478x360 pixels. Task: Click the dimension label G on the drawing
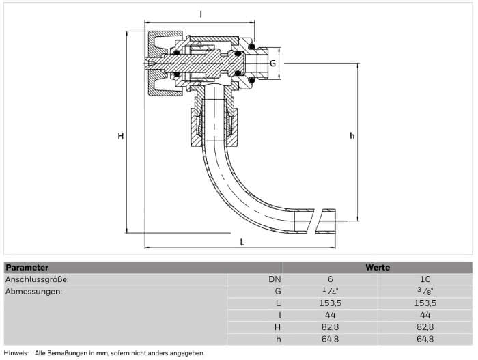[273, 64]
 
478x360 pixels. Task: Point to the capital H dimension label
[121, 136]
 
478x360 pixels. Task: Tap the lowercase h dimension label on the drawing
[352, 135]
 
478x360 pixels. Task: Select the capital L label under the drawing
[242, 242]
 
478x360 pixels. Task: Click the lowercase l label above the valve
[201, 14]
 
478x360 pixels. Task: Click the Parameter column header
[27, 268]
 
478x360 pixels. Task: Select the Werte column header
[378, 268]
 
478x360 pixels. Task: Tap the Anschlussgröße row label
[37, 279]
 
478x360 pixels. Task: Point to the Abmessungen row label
[34, 292]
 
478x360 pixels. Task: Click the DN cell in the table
[275, 279]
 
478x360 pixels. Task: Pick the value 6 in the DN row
[330, 279]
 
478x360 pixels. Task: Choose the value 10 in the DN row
[425, 279]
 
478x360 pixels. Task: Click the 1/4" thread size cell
[331, 291]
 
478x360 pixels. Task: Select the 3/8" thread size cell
[425, 291]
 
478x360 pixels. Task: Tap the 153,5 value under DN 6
[331, 303]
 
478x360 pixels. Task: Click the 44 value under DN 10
[425, 315]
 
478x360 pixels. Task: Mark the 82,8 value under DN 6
[331, 327]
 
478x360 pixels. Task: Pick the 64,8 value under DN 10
[425, 339]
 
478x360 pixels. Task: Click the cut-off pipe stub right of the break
[326, 221]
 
